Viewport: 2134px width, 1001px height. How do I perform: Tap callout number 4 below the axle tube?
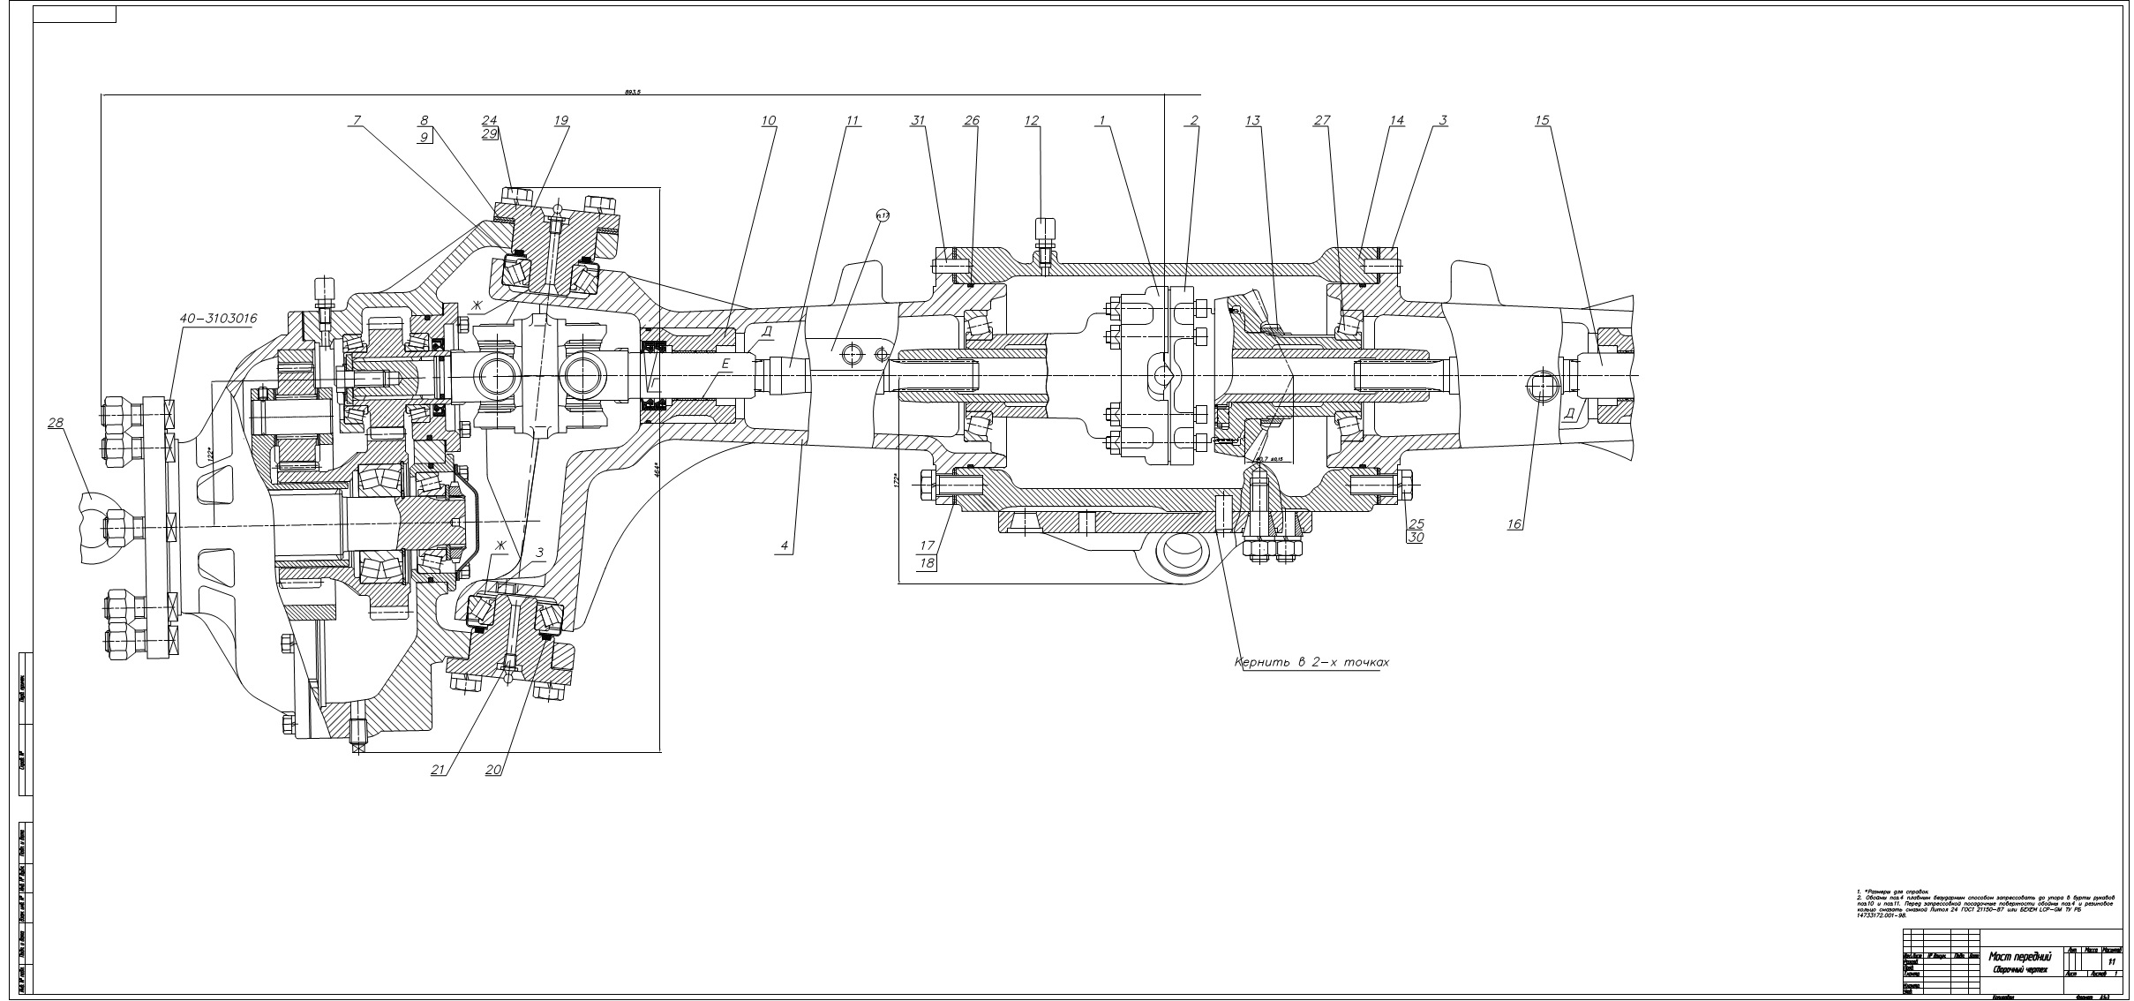(783, 546)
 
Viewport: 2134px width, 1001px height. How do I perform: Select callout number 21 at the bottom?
(437, 770)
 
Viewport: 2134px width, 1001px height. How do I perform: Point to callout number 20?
(493, 770)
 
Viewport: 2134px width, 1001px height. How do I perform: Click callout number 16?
(1514, 524)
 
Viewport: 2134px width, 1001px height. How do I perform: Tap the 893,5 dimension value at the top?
(631, 91)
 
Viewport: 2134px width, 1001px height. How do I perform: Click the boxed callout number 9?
(425, 138)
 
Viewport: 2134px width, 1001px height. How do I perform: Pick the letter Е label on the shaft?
(725, 363)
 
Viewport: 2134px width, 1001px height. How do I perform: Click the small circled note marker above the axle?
(881, 214)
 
